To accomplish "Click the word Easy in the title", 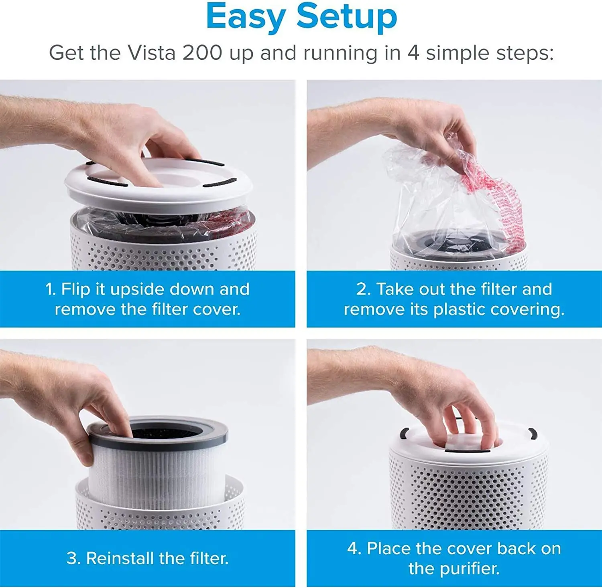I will (246, 17).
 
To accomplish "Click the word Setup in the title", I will (347, 17).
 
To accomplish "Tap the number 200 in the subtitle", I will (202, 53).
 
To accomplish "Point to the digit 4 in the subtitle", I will (413, 53).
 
